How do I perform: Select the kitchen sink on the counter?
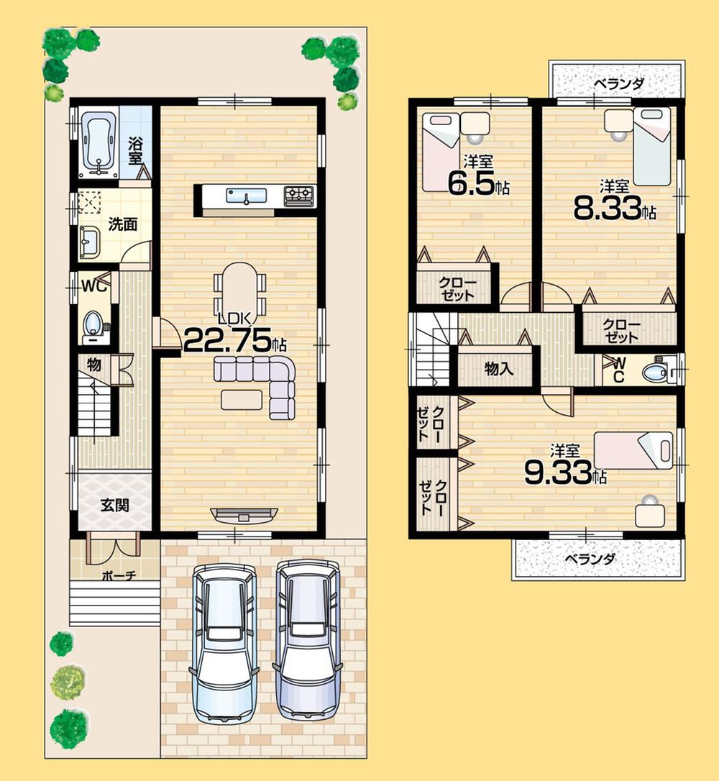pyautogui.click(x=246, y=195)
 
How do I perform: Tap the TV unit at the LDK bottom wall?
pyautogui.click(x=244, y=513)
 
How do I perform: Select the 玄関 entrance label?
pyautogui.click(x=114, y=505)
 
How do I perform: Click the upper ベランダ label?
pyautogui.click(x=618, y=83)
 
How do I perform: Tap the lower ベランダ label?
pyautogui.click(x=589, y=559)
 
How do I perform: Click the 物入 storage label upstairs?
pyautogui.click(x=498, y=369)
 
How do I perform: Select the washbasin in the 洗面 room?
pyautogui.click(x=90, y=242)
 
